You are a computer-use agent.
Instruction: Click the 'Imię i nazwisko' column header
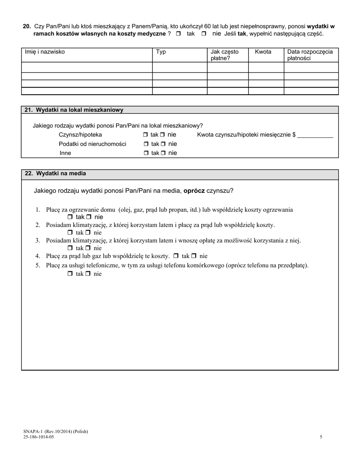[45, 52]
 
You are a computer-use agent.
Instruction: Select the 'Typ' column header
[161, 52]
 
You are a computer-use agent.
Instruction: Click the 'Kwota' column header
[263, 52]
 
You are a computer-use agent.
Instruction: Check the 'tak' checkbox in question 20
[178, 34]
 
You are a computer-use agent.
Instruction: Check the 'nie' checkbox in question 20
[204, 34]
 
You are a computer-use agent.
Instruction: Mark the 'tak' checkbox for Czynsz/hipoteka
[146, 135]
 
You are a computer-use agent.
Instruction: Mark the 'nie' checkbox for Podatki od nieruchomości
[163, 144]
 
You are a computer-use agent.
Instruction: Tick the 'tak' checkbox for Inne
[146, 153]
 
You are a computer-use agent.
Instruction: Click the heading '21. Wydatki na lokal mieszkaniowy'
[74, 110]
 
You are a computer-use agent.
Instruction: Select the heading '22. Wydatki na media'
[55, 174]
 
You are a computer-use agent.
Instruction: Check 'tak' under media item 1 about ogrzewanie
[70, 217]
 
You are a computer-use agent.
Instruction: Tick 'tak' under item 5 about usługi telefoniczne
[70, 274]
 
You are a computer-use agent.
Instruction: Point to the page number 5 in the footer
[321, 437]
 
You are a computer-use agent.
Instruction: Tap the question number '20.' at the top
[27, 27]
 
